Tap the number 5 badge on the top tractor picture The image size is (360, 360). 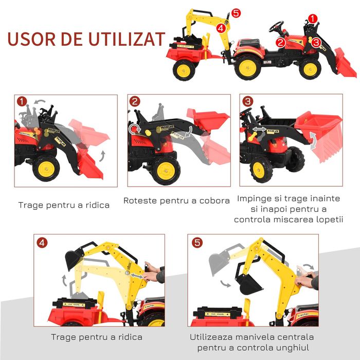(236, 13)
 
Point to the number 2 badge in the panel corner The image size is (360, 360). (135, 102)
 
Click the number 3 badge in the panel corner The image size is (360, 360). (248, 102)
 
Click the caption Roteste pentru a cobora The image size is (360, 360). (176, 201)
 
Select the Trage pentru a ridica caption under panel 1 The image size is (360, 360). (64, 205)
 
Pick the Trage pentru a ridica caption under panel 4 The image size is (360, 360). (96, 337)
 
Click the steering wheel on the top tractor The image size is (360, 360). (277, 26)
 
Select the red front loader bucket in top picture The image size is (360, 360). (344, 62)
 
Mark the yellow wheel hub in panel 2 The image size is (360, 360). (166, 170)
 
